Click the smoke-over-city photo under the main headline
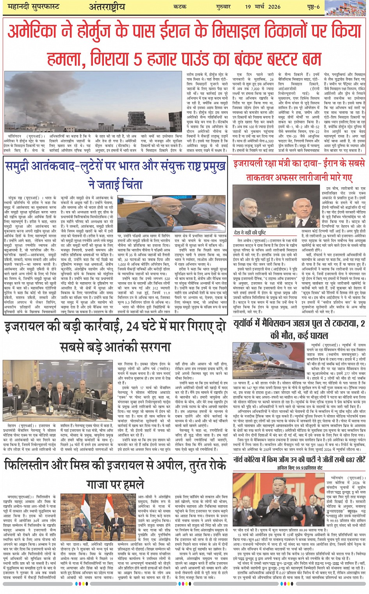[x=93, y=102]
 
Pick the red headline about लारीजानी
[x=299, y=171]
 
